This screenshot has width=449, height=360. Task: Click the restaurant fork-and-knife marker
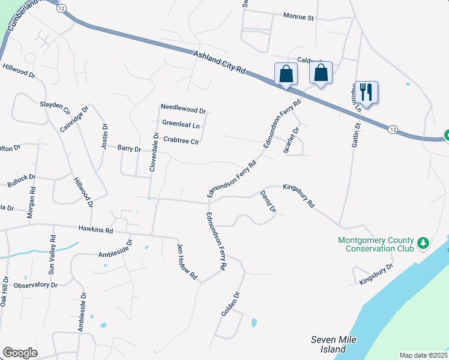366,92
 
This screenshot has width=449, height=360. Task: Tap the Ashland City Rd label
220,62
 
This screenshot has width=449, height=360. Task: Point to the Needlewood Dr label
184,111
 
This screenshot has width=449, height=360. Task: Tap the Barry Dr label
129,148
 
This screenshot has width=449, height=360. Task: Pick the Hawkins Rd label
95,229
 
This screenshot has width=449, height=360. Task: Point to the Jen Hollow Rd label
187,262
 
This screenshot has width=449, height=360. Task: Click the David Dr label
268,202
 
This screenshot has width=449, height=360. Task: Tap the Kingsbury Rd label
298,196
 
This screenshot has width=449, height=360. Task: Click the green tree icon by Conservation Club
424,242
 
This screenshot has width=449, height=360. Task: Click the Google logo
20,353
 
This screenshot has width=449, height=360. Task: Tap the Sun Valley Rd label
52,256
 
